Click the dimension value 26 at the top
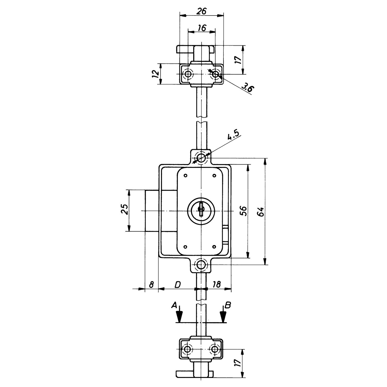pyautogui.click(x=201, y=11)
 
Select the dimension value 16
pyautogui.click(x=202, y=28)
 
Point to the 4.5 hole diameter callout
pyautogui.click(x=234, y=135)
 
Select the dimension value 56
pyautogui.click(x=244, y=211)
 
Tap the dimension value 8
pyautogui.click(x=151, y=285)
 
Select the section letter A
pyautogui.click(x=174, y=305)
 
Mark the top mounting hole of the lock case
pyautogui.click(x=201, y=157)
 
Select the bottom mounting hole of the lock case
pyautogui.click(x=201, y=264)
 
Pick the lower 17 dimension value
pyautogui.click(x=238, y=363)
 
